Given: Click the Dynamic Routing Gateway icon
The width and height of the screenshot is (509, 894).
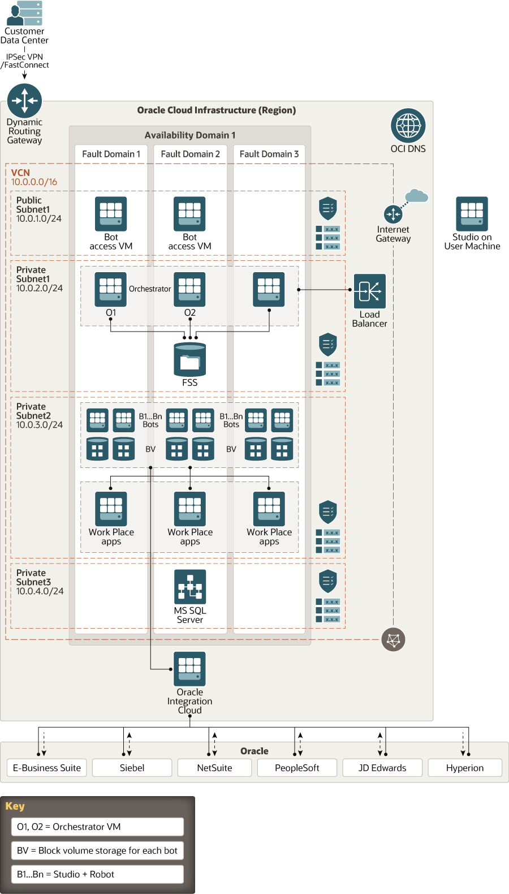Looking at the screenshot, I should click(x=24, y=101).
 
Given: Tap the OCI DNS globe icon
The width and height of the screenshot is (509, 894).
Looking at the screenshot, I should click(x=408, y=125).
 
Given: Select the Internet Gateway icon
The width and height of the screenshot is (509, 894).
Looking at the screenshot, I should click(x=393, y=214).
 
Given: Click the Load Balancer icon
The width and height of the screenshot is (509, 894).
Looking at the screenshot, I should click(x=369, y=291).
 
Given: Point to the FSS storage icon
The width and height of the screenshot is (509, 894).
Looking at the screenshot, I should click(x=189, y=359).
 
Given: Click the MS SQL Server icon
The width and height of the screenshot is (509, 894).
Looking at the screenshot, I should click(x=189, y=586).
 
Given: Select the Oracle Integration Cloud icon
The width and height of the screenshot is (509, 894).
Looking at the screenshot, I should click(x=189, y=668).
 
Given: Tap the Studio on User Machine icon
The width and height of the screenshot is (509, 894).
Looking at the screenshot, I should click(x=472, y=213).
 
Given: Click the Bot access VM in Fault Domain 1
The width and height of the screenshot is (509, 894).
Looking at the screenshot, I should click(x=111, y=214).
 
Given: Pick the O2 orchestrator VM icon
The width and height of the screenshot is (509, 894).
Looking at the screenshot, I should click(x=189, y=289).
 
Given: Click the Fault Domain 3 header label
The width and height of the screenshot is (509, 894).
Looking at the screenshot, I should click(x=269, y=154).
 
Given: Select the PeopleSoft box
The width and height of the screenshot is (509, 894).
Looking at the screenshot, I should click(x=297, y=768).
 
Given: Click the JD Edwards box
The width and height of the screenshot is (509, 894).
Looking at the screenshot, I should click(x=382, y=768).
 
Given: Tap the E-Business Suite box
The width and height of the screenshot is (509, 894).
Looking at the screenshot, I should click(x=47, y=768).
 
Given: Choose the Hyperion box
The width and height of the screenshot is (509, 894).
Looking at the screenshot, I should click(x=464, y=768).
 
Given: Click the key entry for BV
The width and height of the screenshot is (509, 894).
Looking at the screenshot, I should click(x=97, y=850).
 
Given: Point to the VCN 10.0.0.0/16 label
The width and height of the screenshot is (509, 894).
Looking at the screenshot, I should click(x=34, y=177).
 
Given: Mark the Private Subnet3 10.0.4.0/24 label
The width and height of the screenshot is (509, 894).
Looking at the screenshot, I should click(x=40, y=582).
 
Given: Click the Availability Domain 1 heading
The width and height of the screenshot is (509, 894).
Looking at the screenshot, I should click(x=189, y=135).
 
